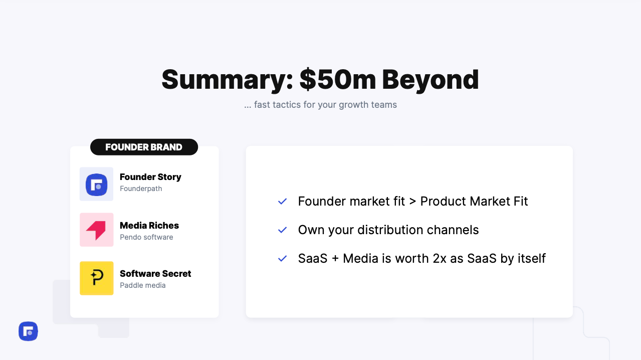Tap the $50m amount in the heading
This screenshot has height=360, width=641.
(338, 79)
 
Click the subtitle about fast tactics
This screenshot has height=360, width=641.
(321, 105)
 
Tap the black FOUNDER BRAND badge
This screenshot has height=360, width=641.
(144, 147)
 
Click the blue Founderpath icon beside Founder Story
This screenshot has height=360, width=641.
(96, 184)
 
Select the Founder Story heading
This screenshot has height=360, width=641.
(150, 177)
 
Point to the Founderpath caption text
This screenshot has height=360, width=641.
(141, 189)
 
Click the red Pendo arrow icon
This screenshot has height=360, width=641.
(96, 230)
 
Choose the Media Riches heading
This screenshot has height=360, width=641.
(149, 226)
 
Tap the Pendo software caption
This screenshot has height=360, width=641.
(146, 237)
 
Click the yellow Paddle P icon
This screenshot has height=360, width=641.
(96, 278)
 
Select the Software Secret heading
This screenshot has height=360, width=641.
(155, 273)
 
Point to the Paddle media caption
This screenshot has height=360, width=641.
(143, 285)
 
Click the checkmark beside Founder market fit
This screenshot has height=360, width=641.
(283, 202)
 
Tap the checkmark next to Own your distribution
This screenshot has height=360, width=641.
(283, 230)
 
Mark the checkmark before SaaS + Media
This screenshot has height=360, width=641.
(283, 258)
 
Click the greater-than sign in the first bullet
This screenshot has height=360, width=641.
(412, 202)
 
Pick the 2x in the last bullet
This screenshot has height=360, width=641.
(440, 258)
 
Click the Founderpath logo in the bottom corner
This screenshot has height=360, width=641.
(28, 331)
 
